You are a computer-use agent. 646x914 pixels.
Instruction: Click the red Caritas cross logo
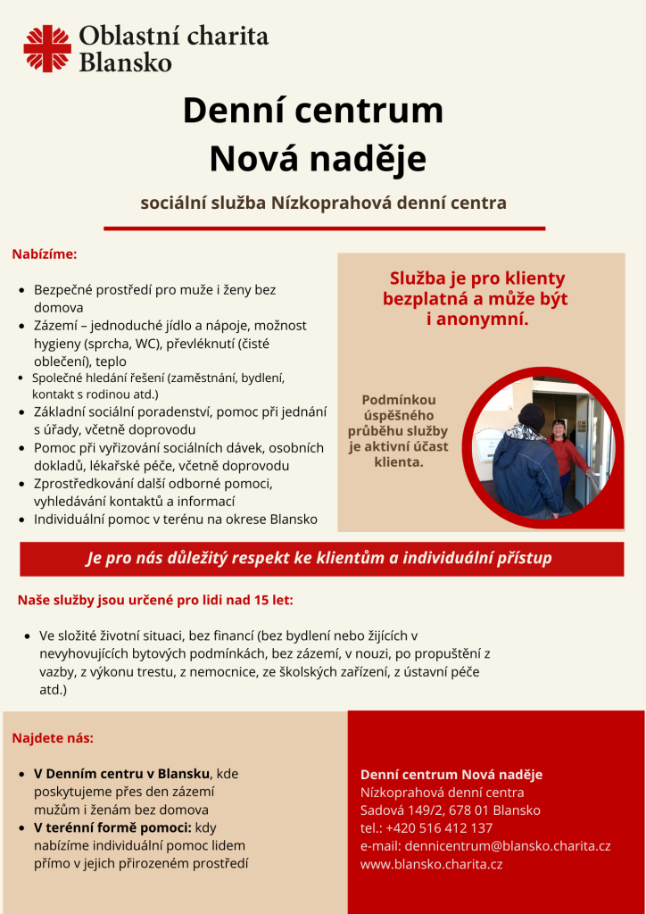coord(47,48)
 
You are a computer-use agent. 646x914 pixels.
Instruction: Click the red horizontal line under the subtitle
coord(324,228)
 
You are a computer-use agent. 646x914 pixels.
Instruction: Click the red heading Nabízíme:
coord(45,254)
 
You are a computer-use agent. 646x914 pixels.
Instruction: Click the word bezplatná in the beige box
coord(428,299)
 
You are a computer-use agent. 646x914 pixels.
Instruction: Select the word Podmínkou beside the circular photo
coord(398,400)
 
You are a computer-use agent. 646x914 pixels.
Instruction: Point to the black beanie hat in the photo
coord(532,416)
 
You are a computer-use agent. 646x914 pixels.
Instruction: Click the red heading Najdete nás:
coord(53,738)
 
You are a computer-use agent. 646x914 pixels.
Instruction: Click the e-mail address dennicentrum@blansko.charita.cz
coord(508,845)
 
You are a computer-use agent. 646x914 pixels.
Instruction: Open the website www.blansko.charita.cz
coord(431,863)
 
